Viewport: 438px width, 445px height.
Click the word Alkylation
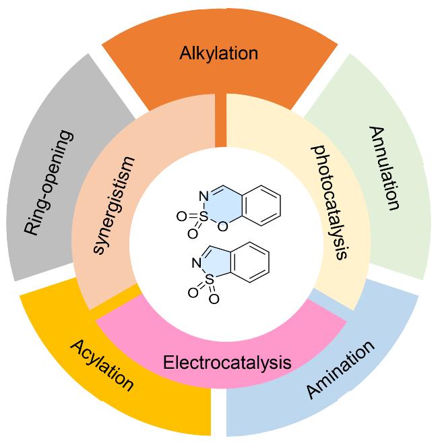219,54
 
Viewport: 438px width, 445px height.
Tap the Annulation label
384,168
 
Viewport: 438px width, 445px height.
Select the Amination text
340,369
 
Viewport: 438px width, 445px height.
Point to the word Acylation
102,365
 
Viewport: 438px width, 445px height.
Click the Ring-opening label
49,183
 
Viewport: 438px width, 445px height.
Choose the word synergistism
114,205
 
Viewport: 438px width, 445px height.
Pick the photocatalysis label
330,202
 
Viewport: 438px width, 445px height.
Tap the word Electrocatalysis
227,363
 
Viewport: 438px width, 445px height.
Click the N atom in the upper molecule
204,196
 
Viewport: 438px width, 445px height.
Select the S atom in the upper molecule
204,217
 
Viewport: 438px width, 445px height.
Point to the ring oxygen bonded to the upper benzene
223,226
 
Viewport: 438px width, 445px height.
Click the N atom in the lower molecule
196,263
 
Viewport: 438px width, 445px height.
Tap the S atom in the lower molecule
209,280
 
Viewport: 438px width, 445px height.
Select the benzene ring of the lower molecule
250,262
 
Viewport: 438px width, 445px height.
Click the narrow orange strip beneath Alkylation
221,120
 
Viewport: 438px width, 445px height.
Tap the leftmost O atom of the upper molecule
181,217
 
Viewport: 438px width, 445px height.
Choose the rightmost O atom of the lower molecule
214,299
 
